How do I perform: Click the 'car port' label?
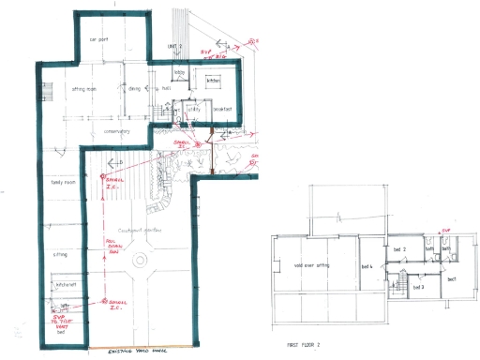[99, 39]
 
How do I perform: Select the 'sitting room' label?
[85, 90]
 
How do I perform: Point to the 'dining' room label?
[135, 90]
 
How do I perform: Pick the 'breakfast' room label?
[222, 109]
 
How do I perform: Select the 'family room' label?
[64, 183]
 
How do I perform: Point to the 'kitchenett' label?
[66, 284]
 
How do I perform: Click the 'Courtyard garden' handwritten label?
[135, 231]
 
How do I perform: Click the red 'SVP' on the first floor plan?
[446, 230]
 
